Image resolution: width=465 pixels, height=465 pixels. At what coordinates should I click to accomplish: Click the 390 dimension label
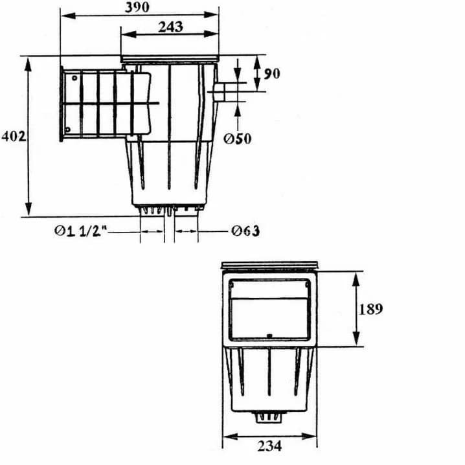137,7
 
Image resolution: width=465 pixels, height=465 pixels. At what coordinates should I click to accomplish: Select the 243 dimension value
170,27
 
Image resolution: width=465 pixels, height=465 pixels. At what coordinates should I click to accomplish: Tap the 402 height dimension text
14,137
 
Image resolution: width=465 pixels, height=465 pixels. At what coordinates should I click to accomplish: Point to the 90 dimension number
271,74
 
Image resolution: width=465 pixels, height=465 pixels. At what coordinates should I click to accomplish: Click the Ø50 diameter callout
237,139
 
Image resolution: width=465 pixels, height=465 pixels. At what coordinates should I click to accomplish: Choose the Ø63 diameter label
245,231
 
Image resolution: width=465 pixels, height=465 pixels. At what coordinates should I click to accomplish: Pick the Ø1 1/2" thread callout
80,231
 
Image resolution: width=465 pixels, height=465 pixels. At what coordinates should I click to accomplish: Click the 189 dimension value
370,309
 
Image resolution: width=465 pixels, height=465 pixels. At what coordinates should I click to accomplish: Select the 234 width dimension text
269,446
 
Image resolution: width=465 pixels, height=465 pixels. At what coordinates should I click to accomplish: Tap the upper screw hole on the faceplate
74,78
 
